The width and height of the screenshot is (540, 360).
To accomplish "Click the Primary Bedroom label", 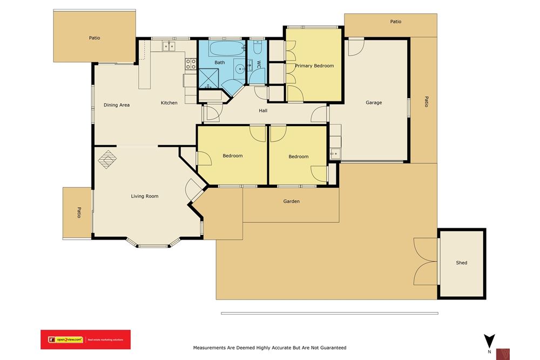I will [x=314, y=66].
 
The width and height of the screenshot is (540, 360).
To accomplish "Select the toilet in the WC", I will [x=257, y=49].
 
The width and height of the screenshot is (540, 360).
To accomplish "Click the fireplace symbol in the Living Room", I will [x=106, y=159].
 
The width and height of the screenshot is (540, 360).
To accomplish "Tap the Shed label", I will [x=461, y=263].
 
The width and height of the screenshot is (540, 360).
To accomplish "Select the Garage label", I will [x=374, y=103].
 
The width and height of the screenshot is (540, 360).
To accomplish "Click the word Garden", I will [x=291, y=201].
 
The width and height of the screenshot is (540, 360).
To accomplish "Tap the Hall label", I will [x=263, y=111].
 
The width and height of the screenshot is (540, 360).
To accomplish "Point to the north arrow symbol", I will [x=489, y=342].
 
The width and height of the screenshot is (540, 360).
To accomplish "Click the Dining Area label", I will [x=117, y=105].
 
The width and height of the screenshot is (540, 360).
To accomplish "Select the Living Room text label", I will [x=145, y=196].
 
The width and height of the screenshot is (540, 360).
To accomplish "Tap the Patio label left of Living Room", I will [x=78, y=213].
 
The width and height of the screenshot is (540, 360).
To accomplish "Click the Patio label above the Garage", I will [x=396, y=22].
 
